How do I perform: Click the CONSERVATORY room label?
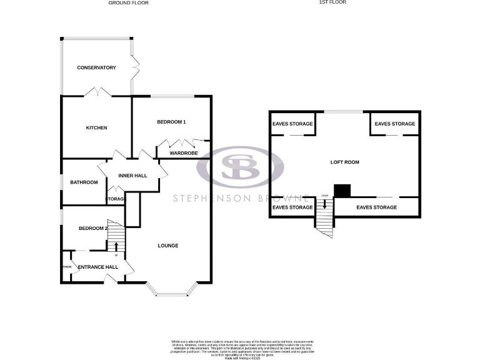(x=96, y=67)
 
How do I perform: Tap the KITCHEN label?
(x=96, y=127)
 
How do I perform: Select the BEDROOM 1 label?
(x=171, y=122)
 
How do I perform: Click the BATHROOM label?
(x=84, y=182)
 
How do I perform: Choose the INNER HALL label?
(x=132, y=176)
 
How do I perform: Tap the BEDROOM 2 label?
(x=92, y=228)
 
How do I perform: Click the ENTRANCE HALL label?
(x=97, y=267)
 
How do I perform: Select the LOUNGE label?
(x=167, y=246)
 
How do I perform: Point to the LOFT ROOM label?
(x=345, y=162)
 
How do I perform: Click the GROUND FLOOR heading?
(x=129, y=2)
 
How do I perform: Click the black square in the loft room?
(x=342, y=191)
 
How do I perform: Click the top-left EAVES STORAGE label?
(x=292, y=124)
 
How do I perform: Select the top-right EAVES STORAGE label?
(x=394, y=124)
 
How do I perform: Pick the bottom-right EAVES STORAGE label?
(x=376, y=207)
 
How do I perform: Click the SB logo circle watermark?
(x=240, y=167)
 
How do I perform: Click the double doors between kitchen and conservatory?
(x=97, y=92)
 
